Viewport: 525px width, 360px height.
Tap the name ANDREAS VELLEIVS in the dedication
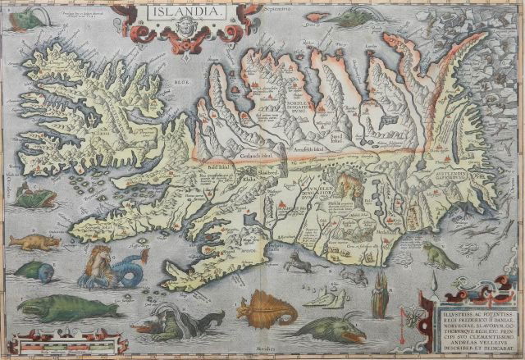tap(467, 338)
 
